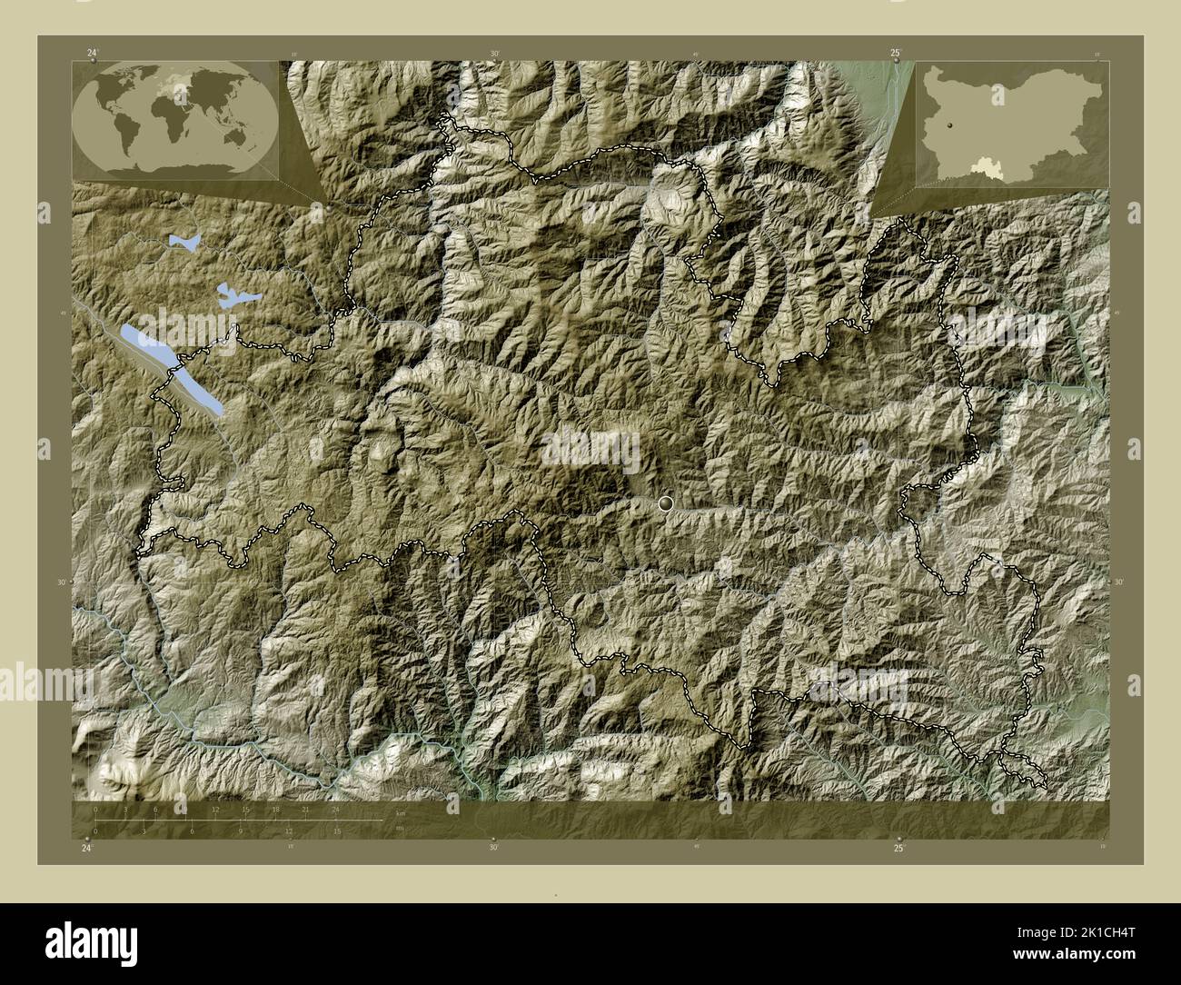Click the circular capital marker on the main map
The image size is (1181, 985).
pos(668,502)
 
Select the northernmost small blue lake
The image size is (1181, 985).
pos(184,244)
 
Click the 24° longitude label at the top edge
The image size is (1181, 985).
pos(92,54)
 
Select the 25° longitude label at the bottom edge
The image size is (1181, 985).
pos(898,848)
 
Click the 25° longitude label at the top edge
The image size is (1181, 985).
pos(896,54)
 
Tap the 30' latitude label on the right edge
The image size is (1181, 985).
pos(1118,582)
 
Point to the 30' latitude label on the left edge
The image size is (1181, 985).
pos(63,582)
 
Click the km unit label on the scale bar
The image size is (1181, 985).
pos(400,813)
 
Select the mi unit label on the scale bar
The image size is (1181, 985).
pos(400,829)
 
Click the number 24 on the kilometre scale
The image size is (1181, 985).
pos(336,809)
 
